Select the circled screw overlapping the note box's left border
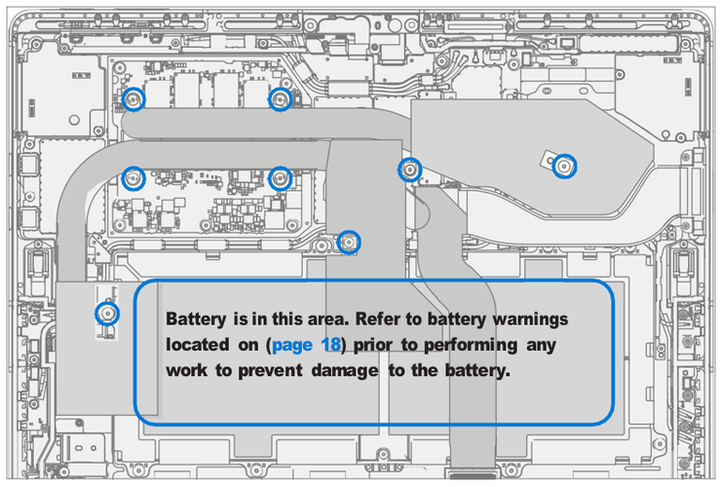click(x=107, y=314)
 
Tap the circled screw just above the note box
click(x=348, y=242)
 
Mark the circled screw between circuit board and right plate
click(x=410, y=170)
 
